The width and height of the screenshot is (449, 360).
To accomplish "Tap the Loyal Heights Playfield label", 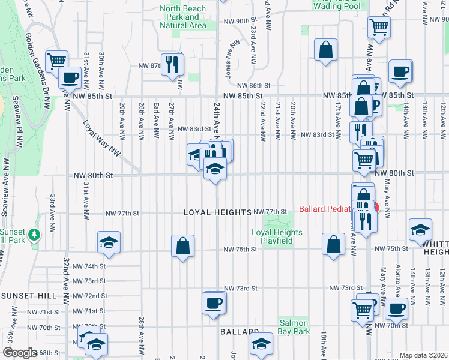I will click(272, 236).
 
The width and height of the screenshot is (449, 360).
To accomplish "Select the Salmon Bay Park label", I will click(294, 326).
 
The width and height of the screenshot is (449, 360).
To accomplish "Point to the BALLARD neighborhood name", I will click(239, 332).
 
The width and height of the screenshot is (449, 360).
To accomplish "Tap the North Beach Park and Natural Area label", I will click(184, 17).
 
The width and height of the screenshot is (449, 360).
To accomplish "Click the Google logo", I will click(19, 353).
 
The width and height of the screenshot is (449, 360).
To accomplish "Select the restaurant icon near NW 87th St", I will click(173, 63).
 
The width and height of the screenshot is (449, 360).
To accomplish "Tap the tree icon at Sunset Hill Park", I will click(35, 233).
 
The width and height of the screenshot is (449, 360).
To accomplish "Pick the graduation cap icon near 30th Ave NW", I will click(108, 241).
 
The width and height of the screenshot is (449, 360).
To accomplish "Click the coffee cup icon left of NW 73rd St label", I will click(213, 302).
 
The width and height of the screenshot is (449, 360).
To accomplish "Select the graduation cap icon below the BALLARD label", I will click(261, 344).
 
